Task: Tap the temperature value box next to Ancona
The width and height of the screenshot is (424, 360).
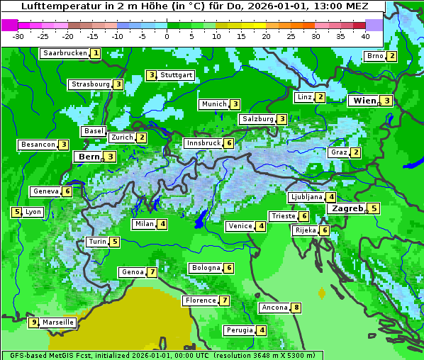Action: [x=296, y=308]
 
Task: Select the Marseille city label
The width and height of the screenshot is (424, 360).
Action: [x=58, y=322]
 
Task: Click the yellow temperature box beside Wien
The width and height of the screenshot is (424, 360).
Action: [x=386, y=101]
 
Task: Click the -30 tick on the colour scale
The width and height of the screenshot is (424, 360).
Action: [x=18, y=36]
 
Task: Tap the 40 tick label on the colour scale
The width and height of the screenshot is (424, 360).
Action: [x=365, y=36]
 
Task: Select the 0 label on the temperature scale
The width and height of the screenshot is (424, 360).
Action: [x=167, y=36]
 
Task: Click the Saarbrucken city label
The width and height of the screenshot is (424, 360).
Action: [x=64, y=53]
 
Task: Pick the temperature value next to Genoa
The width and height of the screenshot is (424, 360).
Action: [x=152, y=272]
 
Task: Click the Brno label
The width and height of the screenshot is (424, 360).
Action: [x=374, y=56]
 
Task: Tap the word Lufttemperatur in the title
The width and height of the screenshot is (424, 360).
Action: [x=55, y=6]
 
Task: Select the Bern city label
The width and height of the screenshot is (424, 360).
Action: [x=89, y=157]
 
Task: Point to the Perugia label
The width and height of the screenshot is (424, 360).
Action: [x=239, y=330]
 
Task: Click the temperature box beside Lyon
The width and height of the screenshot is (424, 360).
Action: [x=16, y=212]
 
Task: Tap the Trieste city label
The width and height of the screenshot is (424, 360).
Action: [x=283, y=216]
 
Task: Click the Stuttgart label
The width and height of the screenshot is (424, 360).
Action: [x=176, y=75]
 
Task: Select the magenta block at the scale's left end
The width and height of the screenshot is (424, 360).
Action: [x=10, y=25]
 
